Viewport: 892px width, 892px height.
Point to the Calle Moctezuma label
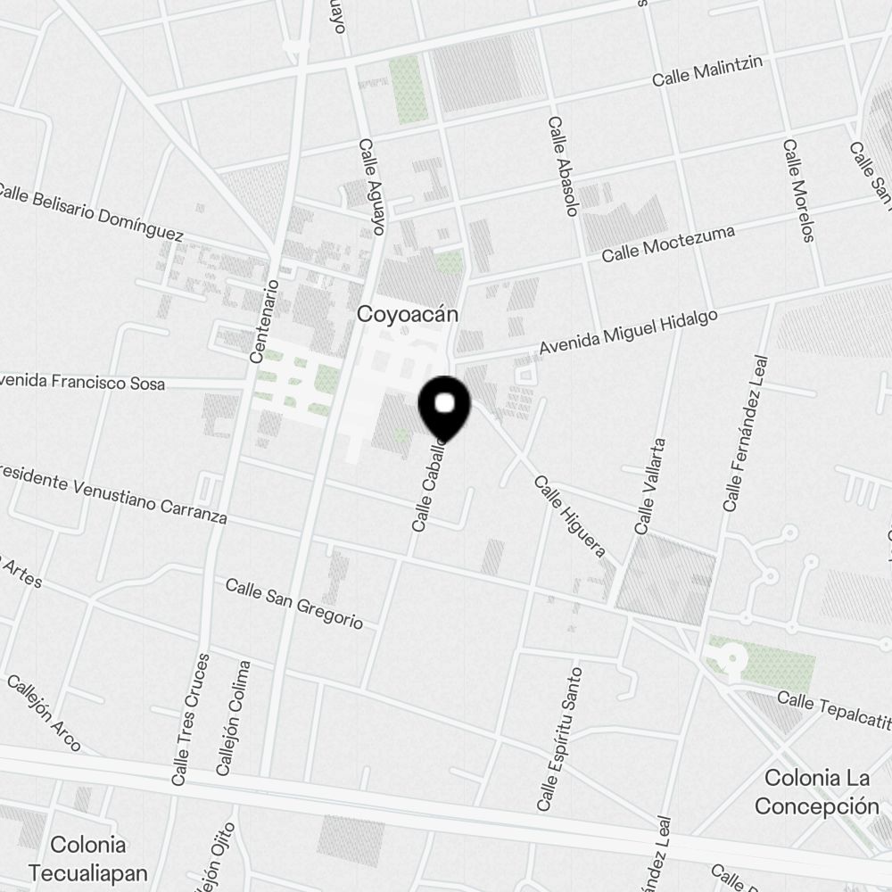coord(668,244)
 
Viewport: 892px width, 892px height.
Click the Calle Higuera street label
coord(570,516)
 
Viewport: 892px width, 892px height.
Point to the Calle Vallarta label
coord(650,486)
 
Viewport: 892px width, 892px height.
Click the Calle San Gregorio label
coord(294,604)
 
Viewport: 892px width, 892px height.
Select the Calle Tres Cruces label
coord(191,720)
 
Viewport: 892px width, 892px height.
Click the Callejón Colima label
coord(233,717)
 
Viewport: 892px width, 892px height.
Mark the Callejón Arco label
coord(44,713)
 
